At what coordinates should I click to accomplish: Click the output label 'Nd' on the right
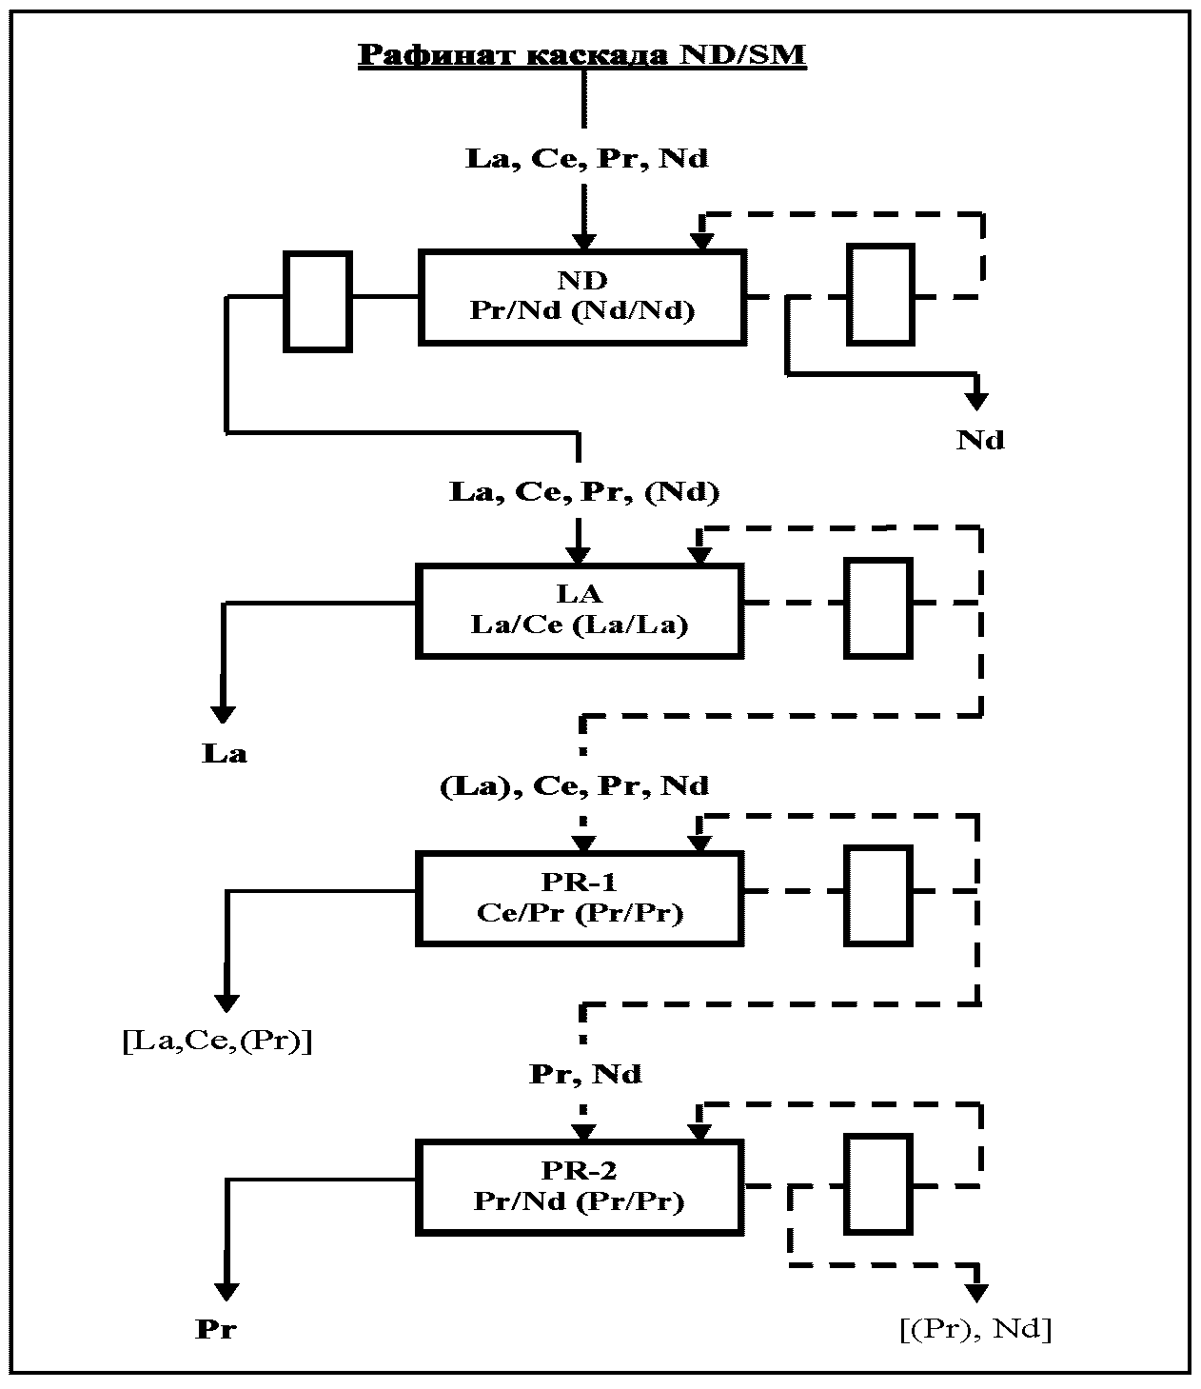tap(980, 441)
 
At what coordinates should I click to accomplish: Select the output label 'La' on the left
tap(225, 754)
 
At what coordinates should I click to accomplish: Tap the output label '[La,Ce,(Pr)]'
tap(217, 1042)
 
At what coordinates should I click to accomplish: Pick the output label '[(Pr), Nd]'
tap(975, 1329)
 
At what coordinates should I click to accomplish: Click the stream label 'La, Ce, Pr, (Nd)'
tap(584, 492)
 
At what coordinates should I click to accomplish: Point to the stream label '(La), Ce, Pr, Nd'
tap(574, 786)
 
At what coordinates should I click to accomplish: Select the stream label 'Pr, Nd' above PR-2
tap(585, 1075)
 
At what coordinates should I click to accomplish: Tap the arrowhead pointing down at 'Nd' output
tap(976, 401)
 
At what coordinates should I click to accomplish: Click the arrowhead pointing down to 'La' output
tap(223, 714)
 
